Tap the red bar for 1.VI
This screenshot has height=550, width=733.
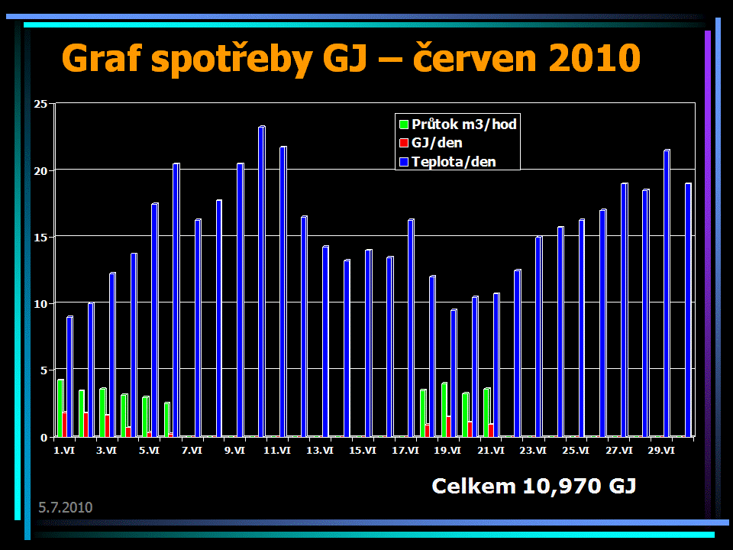pyautogui.click(x=65, y=425)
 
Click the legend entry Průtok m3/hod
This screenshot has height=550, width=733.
pyautogui.click(x=464, y=124)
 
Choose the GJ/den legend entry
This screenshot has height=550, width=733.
pyautogui.click(x=436, y=143)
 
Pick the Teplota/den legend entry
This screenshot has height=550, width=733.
pyautogui.click(x=454, y=161)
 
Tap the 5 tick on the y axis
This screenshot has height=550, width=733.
pyautogui.click(x=44, y=370)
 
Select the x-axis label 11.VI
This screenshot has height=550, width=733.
pyautogui.click(x=277, y=451)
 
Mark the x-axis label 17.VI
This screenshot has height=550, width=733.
pyautogui.click(x=405, y=451)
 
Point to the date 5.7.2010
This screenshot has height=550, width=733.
pyautogui.click(x=66, y=507)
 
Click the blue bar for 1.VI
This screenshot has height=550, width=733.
pyautogui.click(x=70, y=377)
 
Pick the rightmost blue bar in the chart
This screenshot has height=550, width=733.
pyautogui.click(x=688, y=310)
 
